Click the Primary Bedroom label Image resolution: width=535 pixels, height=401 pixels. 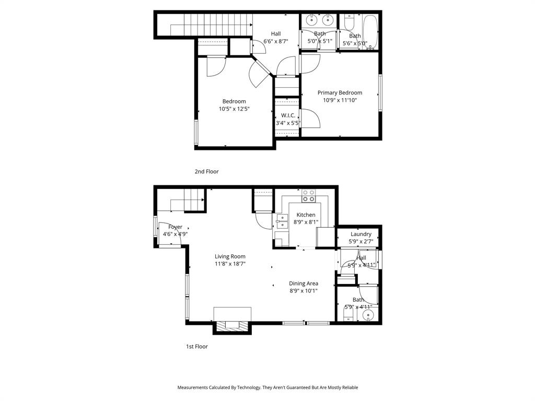click(340, 93)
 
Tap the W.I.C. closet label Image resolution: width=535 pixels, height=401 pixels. click(288, 115)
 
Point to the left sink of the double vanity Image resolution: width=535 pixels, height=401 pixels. click(311, 21)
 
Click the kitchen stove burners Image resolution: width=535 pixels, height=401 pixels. click(309, 196)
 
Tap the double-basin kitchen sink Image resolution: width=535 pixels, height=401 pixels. click(282, 221)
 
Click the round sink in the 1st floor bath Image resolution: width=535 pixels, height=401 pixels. click(370, 315)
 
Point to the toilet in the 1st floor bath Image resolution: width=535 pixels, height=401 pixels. click(348, 314)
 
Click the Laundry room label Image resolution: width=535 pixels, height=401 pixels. click(361, 234)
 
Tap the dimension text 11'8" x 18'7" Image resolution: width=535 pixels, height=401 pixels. click(230, 264)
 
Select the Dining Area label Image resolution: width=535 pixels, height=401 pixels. click(304, 284)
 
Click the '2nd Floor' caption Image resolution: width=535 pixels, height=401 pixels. click(206, 172)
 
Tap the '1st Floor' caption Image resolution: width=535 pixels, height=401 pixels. click(197, 347)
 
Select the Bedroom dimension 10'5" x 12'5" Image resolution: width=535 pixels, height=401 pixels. click(234, 109)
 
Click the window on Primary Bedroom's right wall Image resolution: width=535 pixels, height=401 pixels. click(380, 93)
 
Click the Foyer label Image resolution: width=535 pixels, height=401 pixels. click(175, 227)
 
